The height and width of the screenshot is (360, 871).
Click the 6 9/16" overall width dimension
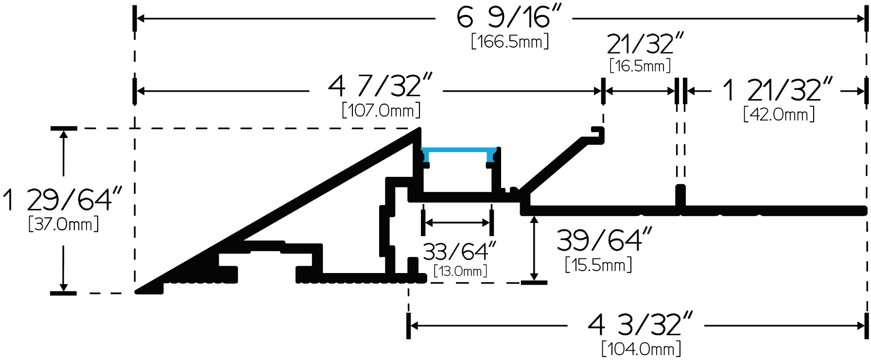pos(508,17)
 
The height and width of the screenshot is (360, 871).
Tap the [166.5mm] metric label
pos(510,41)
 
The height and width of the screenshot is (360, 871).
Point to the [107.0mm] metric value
pos(381,110)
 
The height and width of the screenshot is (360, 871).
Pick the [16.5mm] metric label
pos(640,66)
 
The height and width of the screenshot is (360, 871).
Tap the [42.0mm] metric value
pos(779,115)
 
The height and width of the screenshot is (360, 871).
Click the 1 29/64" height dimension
pos(62,199)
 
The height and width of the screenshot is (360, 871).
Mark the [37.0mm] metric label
pos(64,224)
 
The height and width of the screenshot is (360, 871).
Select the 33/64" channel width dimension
pos(459,252)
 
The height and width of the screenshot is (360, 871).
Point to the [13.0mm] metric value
pos(460,271)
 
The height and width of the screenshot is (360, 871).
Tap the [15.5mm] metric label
pos(598,265)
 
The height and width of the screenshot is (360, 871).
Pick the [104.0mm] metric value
pos(641,349)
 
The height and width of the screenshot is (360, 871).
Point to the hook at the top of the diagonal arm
pos(598,135)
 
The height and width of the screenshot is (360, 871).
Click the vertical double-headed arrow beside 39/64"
pos(534,248)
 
